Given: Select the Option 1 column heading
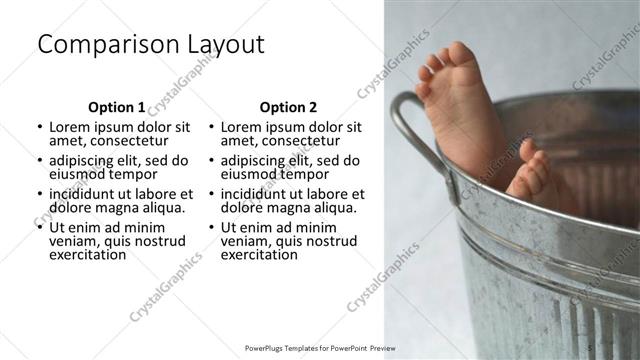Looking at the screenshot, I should (x=116, y=107).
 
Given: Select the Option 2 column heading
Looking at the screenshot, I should (x=288, y=107).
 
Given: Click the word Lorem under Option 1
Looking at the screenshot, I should (x=69, y=127).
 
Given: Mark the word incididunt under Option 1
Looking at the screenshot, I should (x=87, y=193).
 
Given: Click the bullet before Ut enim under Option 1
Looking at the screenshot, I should (x=40, y=227).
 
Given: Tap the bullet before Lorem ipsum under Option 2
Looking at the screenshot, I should (x=212, y=128).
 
